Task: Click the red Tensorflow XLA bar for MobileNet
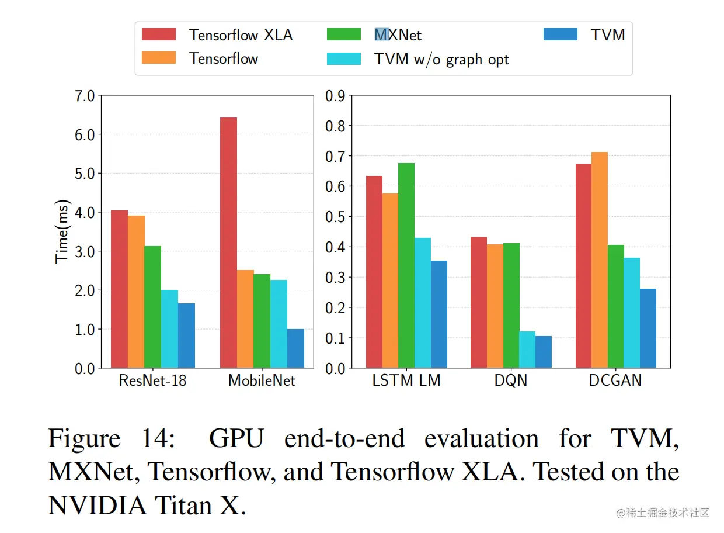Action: (x=228, y=243)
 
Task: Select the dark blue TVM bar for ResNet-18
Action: (x=186, y=335)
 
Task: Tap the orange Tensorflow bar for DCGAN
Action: (x=599, y=260)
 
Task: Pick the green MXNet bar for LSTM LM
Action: (x=406, y=265)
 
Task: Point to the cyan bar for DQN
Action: (x=527, y=349)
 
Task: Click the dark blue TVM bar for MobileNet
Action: (x=295, y=348)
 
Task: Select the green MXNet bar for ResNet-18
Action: (x=153, y=307)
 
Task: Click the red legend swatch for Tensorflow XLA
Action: (x=159, y=34)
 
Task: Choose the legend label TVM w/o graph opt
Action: (x=441, y=59)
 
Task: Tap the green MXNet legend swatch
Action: (x=344, y=34)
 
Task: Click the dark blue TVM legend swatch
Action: (x=560, y=34)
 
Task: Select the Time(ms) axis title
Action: (x=62, y=231)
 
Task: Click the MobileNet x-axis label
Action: (x=262, y=381)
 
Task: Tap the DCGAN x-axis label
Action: (x=615, y=381)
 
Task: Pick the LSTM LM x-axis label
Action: (x=406, y=381)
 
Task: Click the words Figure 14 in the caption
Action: (x=111, y=438)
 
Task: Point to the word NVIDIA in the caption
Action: (x=97, y=506)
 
